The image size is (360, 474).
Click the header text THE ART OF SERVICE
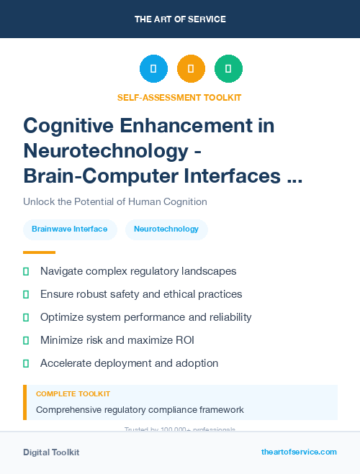180,19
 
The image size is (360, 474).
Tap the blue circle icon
153,68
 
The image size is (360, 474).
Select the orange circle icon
191,68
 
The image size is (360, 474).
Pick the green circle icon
228,68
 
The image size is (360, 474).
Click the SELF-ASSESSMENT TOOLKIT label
180,97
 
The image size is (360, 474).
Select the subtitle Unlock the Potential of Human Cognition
115,201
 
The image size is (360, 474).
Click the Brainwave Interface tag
70,229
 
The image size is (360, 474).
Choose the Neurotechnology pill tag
166,229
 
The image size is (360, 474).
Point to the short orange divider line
39,252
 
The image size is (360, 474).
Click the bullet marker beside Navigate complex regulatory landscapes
26,271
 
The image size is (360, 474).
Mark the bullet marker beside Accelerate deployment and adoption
26,363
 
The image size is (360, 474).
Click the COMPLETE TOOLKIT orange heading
73,394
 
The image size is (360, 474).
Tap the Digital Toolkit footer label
51,452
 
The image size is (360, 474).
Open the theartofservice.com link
299,452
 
